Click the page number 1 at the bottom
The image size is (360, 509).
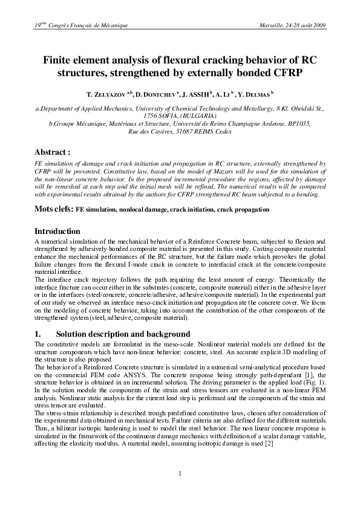tap(180, 473)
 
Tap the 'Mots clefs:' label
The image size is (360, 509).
tap(53, 209)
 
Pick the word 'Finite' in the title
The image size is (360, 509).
tap(57, 61)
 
